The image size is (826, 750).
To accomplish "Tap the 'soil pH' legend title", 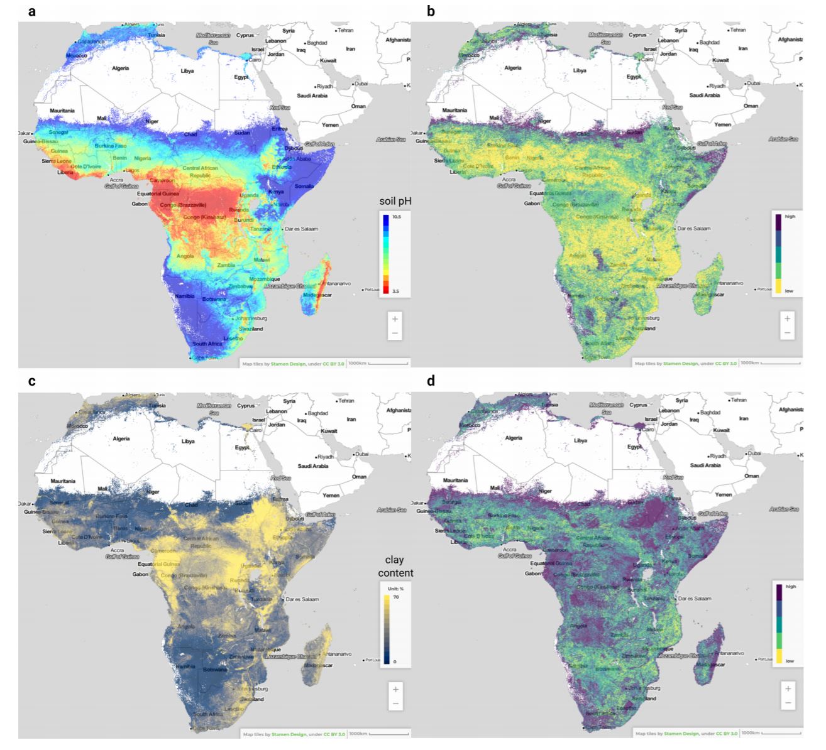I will pyautogui.click(x=394, y=201).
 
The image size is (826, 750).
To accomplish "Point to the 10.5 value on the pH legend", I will pyautogui.click(x=397, y=216).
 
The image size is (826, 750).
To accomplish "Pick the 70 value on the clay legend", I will pyautogui.click(x=395, y=597).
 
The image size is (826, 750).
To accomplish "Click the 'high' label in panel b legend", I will pyautogui.click(x=790, y=217).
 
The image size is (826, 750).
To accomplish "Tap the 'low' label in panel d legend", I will pyautogui.click(x=790, y=661).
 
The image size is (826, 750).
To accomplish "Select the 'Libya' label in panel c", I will pyautogui.click(x=187, y=441).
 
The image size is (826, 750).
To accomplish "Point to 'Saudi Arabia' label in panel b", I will pyautogui.click(x=704, y=95).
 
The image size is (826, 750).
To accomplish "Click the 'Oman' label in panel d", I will pyautogui.click(x=751, y=476).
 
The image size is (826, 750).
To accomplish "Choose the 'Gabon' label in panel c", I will pyautogui.click(x=140, y=574).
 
